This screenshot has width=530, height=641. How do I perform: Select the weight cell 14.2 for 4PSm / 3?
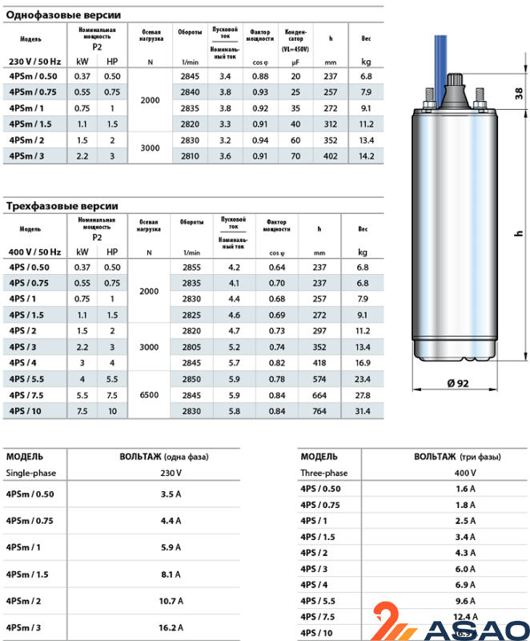[367, 155]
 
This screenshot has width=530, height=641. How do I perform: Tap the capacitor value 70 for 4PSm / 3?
[296, 155]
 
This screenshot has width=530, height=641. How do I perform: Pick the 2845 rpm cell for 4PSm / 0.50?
[191, 76]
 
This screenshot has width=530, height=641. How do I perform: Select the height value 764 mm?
[320, 410]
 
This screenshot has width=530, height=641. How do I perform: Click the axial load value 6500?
[150, 394]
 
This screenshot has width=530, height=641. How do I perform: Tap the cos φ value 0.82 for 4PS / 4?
[277, 362]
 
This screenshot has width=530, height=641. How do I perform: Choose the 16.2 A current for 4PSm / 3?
[171, 627]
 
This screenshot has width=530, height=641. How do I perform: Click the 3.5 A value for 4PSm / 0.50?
[171, 494]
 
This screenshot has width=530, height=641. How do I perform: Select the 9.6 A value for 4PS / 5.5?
[466, 600]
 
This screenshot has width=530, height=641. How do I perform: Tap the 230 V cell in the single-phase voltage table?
[171, 473]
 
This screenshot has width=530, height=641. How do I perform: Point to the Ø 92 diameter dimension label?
[456, 383]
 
